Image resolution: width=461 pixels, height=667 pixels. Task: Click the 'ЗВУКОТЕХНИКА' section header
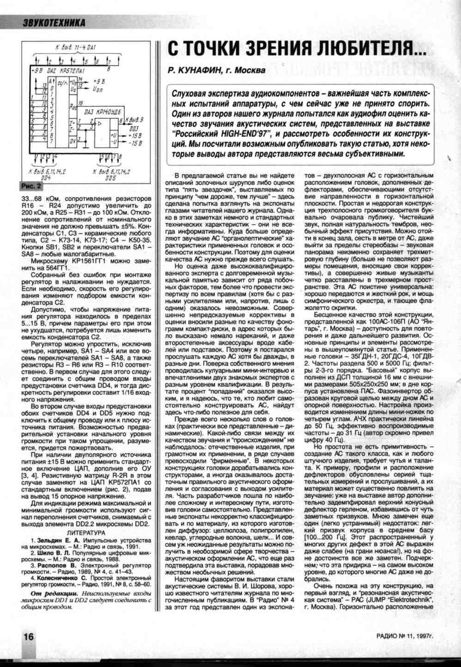click(54, 22)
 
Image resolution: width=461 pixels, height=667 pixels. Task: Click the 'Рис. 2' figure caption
click(30, 186)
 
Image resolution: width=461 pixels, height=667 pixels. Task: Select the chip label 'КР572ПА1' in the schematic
click(73, 71)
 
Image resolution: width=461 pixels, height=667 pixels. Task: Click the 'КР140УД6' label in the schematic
click(108, 112)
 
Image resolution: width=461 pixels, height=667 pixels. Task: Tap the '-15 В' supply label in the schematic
click(135, 144)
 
